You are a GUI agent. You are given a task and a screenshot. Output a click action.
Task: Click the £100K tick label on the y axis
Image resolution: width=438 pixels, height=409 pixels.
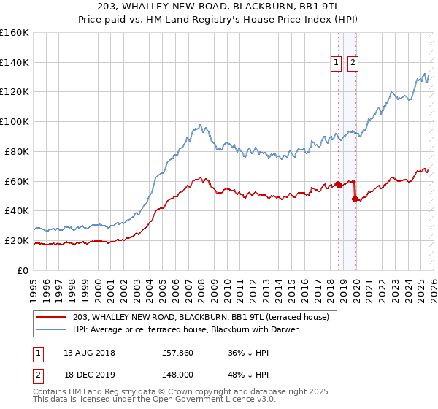click(x=15, y=121)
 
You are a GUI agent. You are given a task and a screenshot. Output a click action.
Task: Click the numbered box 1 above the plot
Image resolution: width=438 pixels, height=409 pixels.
click(x=337, y=64)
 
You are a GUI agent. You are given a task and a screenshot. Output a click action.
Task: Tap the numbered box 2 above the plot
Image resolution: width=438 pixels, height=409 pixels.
click(x=353, y=64)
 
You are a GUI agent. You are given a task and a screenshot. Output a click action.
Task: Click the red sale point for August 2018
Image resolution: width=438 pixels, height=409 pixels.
click(x=338, y=184)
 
